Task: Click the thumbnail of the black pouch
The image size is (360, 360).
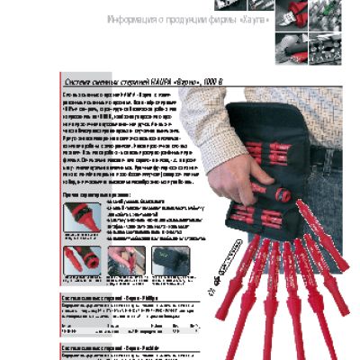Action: coord(168,265)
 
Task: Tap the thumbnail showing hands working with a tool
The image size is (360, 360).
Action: coord(126,265)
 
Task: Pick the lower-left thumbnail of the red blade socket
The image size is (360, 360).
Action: coord(82,265)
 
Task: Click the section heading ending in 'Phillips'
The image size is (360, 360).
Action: coord(112,296)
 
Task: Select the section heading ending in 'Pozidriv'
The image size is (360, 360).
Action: coord(112,345)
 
